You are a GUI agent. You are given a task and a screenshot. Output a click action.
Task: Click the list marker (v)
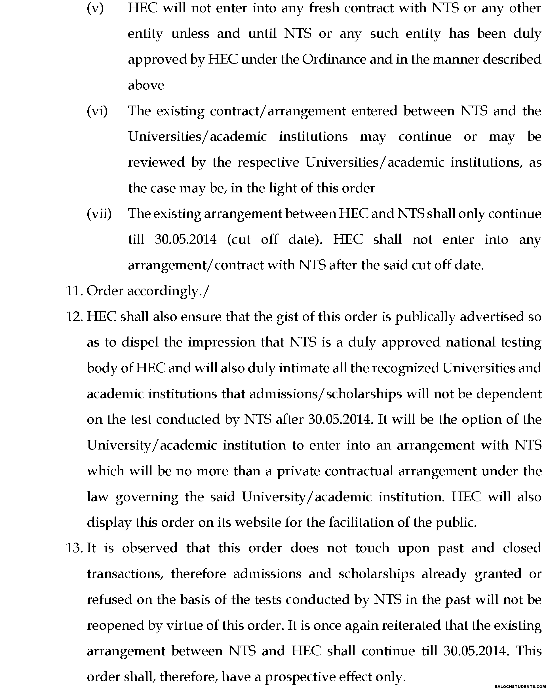pos(95,8)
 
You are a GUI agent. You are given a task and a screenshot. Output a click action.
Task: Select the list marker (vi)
pos(97,111)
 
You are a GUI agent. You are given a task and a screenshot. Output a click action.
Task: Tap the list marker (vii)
pos(99,213)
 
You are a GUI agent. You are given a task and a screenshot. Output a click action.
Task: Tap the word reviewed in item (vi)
pos(156,162)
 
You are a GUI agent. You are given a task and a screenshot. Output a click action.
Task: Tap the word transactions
pos(125,574)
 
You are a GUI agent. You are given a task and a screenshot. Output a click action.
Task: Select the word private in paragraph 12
pos(298,471)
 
